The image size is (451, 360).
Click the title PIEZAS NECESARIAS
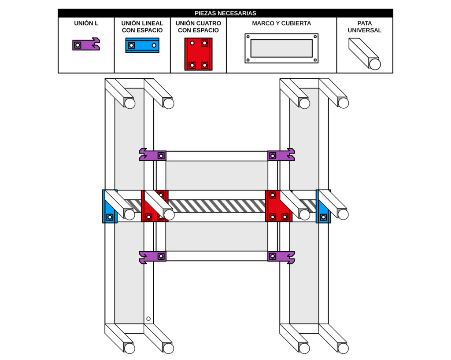click(x=225, y=13)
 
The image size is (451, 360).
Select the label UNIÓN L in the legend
click(x=86, y=23)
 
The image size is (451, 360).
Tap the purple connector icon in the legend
click(x=86, y=44)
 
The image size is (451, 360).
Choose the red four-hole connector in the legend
click(x=198, y=54)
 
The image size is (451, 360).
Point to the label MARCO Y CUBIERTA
click(x=281, y=23)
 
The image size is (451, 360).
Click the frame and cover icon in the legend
click(x=281, y=48)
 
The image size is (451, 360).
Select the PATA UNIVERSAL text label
click(x=364, y=27)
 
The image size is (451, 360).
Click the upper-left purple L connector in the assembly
click(x=152, y=155)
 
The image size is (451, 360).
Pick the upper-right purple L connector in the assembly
click(x=281, y=155)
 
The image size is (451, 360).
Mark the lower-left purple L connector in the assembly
click(x=152, y=256)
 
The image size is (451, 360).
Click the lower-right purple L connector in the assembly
click(x=281, y=256)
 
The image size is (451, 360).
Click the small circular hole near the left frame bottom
click(x=148, y=319)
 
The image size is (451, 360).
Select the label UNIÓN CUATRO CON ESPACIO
click(x=198, y=27)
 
